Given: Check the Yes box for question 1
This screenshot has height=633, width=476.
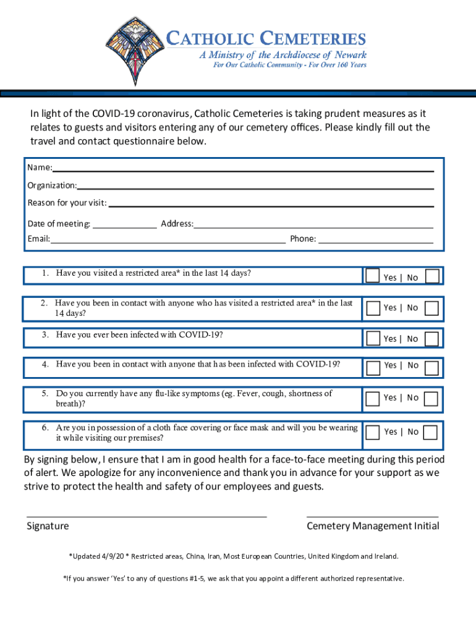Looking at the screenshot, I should [x=372, y=276].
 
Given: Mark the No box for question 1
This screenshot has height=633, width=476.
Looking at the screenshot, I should [x=432, y=276].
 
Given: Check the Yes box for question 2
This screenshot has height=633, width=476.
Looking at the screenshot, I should [x=372, y=307].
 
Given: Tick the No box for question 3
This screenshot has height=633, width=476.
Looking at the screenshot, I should [x=432, y=338].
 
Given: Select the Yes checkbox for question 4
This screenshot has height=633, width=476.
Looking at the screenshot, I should [x=372, y=368].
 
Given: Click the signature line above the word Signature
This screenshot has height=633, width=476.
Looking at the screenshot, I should [x=147, y=515].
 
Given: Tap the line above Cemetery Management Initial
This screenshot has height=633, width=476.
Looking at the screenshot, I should [x=372, y=515].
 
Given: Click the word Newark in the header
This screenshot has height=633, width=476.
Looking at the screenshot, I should [x=349, y=55].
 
